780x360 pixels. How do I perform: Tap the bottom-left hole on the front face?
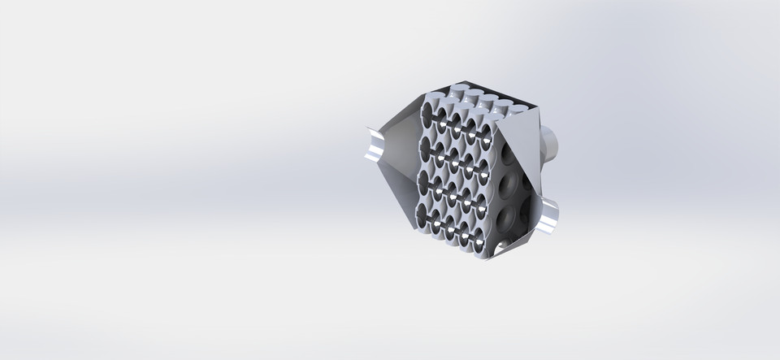coord(423,215)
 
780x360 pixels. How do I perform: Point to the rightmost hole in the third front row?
coord(483,202)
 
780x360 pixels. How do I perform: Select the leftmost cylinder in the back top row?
coord(459,89)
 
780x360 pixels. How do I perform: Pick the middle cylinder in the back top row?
coord(488,98)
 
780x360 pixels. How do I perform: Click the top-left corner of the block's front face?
coord(422,101)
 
